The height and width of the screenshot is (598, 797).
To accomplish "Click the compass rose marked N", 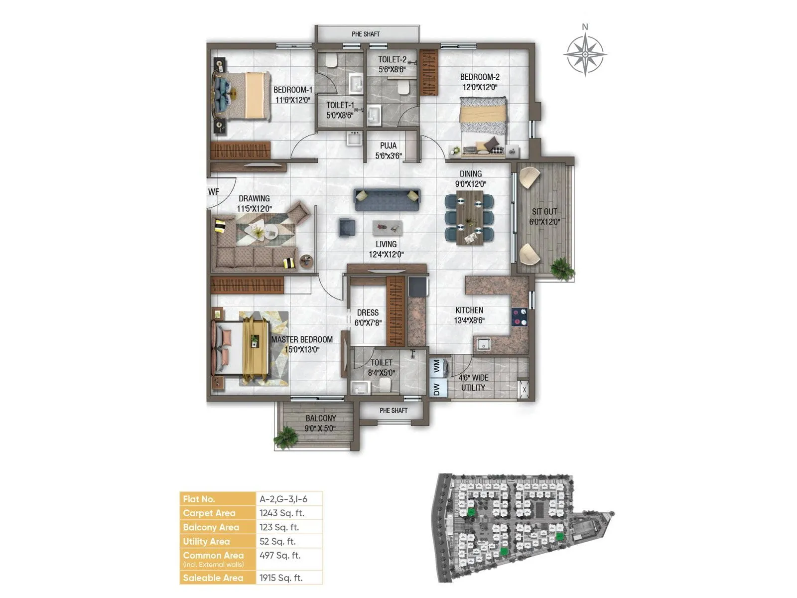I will pos(585,53).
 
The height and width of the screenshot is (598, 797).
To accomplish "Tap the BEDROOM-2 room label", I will pos(479,77).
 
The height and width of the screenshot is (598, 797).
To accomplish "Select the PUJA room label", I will pos(388,146).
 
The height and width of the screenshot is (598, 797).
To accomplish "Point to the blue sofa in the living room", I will pos(387,199).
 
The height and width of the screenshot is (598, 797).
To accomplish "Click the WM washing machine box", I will pos(437,366).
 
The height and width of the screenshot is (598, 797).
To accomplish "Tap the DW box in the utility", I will pos(437,389).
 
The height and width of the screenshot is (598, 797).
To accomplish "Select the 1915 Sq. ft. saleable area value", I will pos(281,578).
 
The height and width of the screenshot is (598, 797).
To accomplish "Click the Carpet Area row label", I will pos(209,513).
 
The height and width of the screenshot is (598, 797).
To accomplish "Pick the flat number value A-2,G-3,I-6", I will pos(283,499).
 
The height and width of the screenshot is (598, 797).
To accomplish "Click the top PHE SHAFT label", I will pos(366,34).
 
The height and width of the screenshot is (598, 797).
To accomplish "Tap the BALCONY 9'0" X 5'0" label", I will pos(320,423).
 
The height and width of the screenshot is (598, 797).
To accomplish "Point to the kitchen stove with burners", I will pos(519,317).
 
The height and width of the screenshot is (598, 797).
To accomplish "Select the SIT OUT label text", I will pos(544,212).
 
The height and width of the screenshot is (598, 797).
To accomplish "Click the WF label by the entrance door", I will pos(213,192).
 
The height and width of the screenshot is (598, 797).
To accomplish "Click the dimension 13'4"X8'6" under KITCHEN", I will pos(469,320).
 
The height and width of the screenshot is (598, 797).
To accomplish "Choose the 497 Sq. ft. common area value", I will pos(279,555).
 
